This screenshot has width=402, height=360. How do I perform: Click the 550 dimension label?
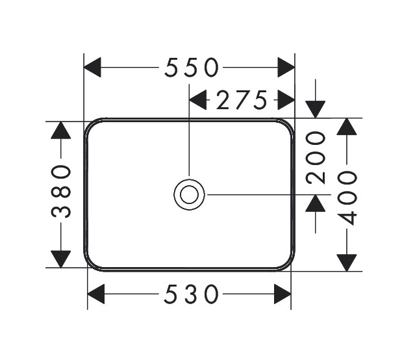[192, 68]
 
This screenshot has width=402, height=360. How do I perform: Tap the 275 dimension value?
[242, 100]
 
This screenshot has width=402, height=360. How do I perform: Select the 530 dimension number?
[191, 294]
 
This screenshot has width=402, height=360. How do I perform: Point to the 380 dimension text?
[61, 192]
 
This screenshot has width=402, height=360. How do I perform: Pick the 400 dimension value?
[347, 198]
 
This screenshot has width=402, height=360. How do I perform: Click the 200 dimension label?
[316, 158]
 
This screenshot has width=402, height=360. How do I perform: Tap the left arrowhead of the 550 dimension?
[92, 68]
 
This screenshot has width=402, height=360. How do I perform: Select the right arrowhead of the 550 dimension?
[286, 68]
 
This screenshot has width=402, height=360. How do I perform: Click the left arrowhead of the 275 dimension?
[197, 100]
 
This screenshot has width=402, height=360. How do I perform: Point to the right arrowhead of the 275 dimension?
[286, 100]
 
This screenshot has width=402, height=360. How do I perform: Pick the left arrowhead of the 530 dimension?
[96, 294]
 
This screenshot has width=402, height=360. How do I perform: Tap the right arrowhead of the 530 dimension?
[283, 294]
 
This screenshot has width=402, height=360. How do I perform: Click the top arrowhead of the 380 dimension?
[61, 130]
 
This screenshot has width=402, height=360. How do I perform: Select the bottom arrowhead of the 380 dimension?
[61, 259]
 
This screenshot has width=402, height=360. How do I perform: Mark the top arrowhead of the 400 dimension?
[347, 127]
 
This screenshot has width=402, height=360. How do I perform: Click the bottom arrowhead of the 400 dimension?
[347, 263]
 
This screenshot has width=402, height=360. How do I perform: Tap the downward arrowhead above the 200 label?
[316, 110]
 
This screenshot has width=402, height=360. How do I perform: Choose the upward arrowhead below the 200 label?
[316, 203]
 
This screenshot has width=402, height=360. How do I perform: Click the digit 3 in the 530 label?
[191, 294]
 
